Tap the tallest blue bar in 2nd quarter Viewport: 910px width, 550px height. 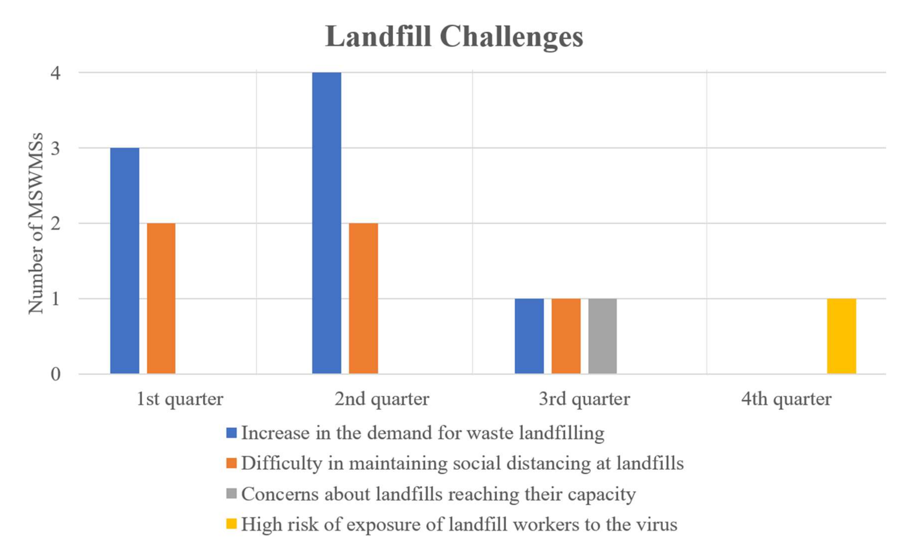click(326, 223)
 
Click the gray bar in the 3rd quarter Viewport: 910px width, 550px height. click(602, 336)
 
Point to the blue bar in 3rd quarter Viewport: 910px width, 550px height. click(529, 336)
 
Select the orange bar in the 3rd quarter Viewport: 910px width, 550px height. click(566, 336)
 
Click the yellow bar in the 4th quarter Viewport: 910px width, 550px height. click(841, 336)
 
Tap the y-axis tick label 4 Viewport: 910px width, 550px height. click(55, 73)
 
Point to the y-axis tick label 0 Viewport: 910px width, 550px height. click(55, 374)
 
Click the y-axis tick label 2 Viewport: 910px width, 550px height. click(55, 224)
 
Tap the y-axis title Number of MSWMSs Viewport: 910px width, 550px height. click(36, 224)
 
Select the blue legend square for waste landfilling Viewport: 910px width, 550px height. click(231, 433)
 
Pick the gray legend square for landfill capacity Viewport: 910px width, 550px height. click(231, 493)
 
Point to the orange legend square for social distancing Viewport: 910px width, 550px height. click(231, 463)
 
